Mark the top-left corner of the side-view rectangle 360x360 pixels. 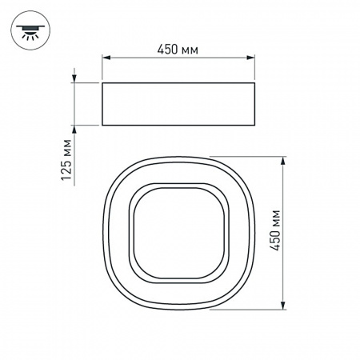click(x=102, y=82)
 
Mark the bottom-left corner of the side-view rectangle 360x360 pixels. click(x=102, y=126)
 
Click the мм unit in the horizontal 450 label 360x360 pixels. click(x=189, y=50)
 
